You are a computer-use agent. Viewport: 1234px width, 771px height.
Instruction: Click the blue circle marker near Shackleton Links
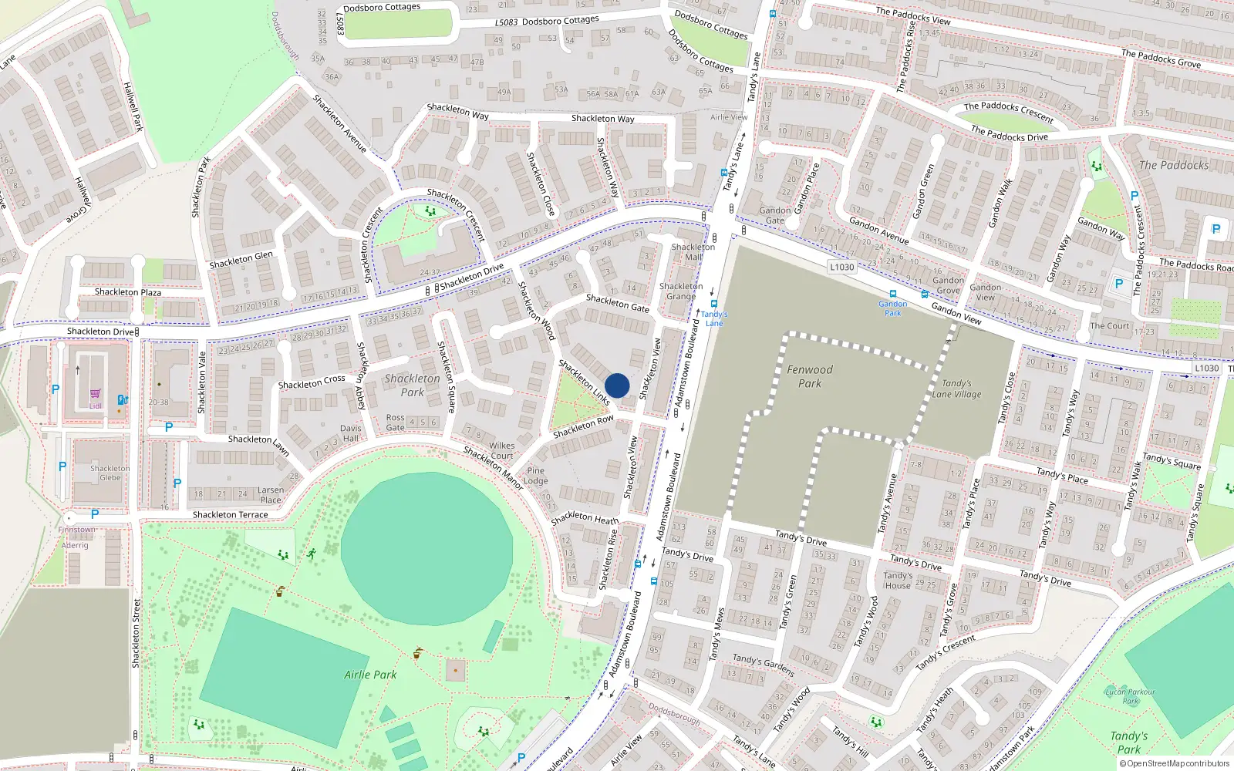click(x=617, y=385)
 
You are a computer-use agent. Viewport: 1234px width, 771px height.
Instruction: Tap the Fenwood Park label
click(x=810, y=376)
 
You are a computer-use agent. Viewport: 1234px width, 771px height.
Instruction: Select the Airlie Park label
click(x=370, y=675)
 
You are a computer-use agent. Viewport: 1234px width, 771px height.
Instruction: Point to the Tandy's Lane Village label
click(x=956, y=389)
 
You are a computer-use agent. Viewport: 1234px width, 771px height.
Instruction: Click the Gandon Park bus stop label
click(x=892, y=308)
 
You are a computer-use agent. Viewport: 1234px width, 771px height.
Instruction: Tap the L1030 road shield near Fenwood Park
click(x=841, y=268)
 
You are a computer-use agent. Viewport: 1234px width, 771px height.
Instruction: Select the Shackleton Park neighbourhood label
click(x=412, y=385)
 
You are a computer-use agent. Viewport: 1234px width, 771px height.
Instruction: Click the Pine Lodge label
click(x=536, y=476)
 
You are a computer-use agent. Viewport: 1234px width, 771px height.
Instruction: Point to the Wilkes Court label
click(x=501, y=450)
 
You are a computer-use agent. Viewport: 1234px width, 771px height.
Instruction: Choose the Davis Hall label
click(x=350, y=433)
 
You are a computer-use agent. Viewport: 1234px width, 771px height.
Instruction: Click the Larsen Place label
click(x=271, y=495)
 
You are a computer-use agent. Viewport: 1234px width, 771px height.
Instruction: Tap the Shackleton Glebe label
click(x=110, y=473)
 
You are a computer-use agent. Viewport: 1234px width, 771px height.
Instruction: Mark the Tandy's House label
click(x=898, y=581)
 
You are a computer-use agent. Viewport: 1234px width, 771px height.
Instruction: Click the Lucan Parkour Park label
click(x=1131, y=696)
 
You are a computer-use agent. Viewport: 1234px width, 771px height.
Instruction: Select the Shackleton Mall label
click(x=693, y=252)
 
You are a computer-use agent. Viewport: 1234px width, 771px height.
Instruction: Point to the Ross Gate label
click(x=395, y=423)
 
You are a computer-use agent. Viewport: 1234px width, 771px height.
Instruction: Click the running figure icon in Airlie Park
click(x=312, y=554)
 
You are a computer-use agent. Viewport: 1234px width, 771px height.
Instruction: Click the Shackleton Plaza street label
click(x=128, y=292)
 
